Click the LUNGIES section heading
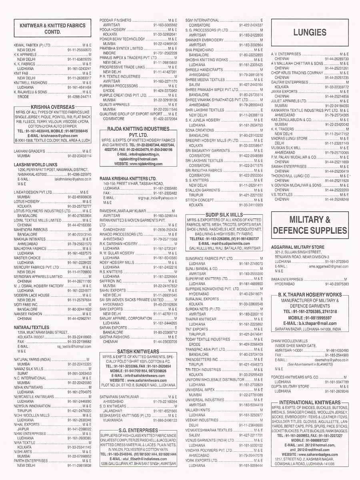[x=310, y=32]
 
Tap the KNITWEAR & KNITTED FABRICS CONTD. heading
[x=52, y=28]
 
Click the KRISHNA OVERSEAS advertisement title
[x=52, y=107]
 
